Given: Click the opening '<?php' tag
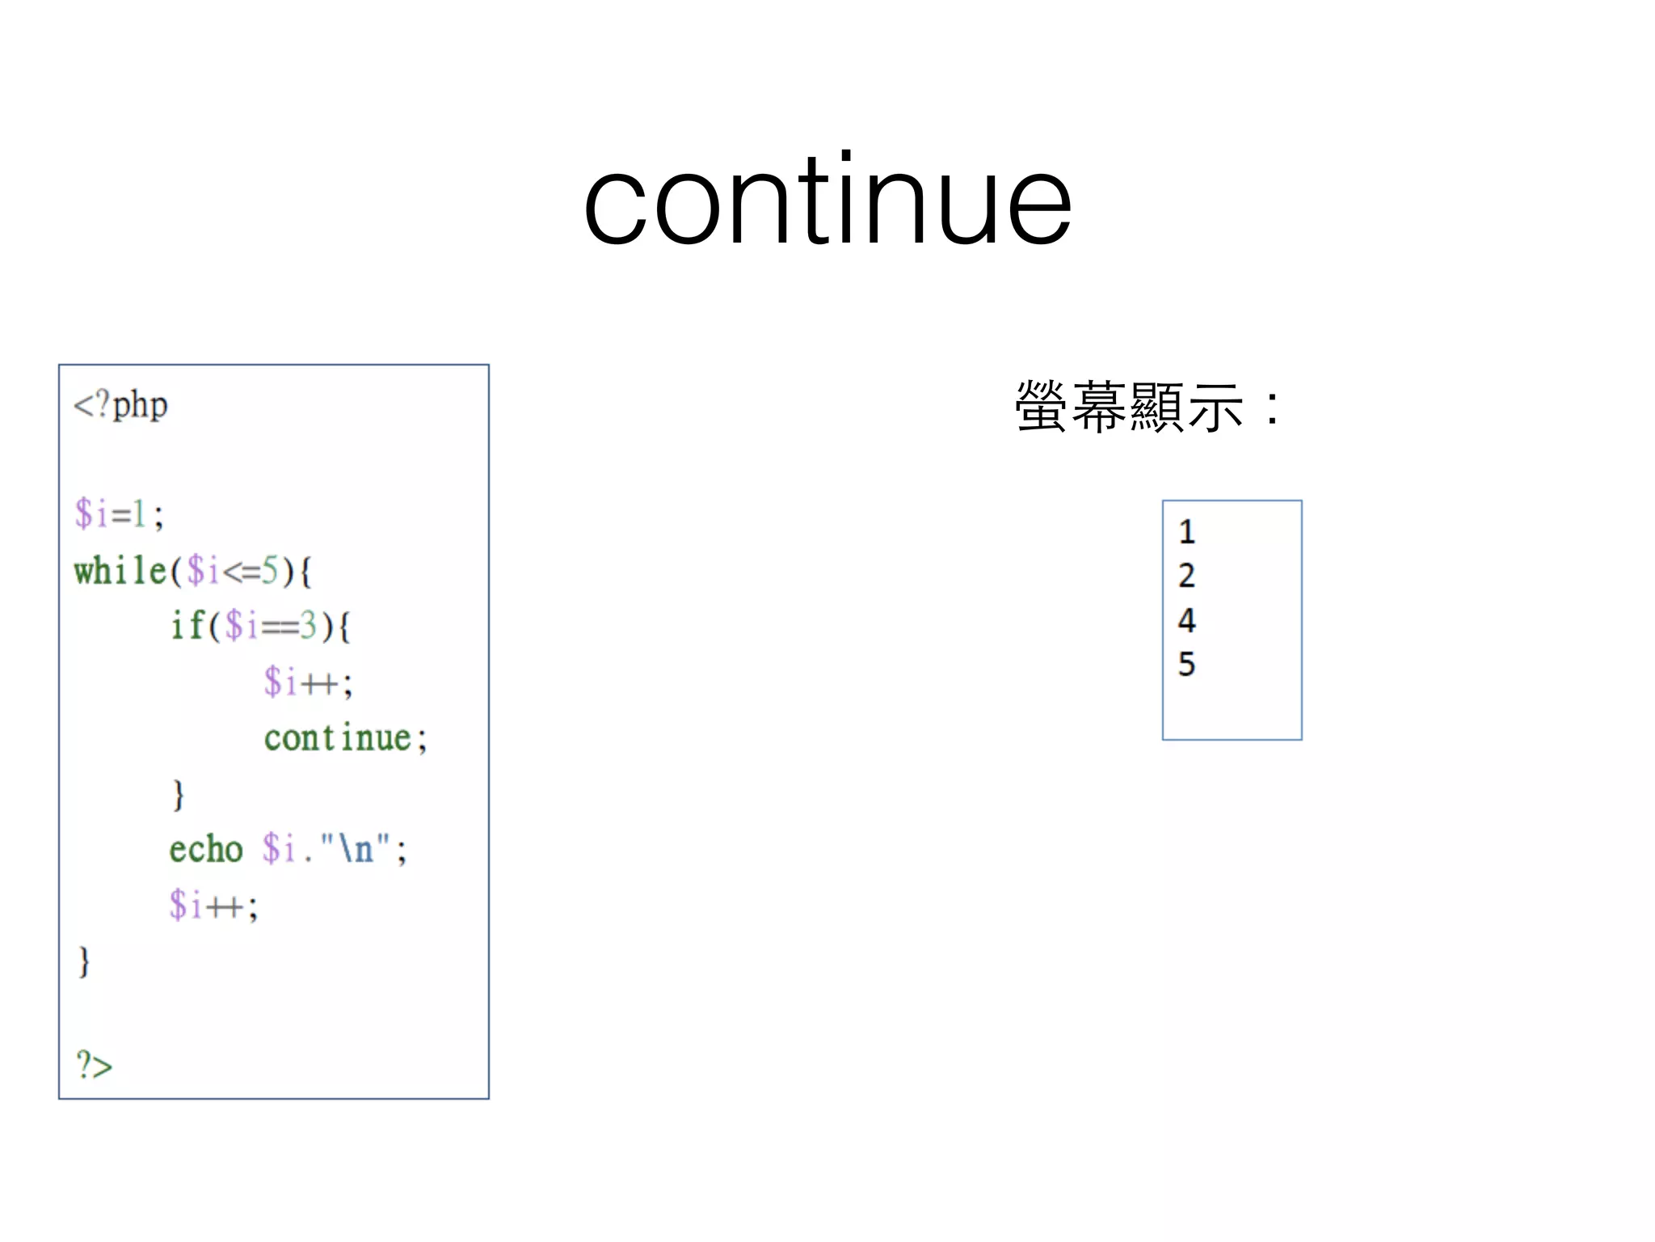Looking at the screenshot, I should coord(121,405).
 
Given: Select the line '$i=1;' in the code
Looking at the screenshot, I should coord(119,514).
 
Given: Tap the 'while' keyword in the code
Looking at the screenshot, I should coord(120,571).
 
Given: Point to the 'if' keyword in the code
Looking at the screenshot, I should coord(187,625).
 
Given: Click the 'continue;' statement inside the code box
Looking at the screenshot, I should coord(345,737).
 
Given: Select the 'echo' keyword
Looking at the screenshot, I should coord(206,849).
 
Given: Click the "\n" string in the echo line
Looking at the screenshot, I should coord(356,849).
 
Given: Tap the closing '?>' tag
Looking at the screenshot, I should coord(95,1065).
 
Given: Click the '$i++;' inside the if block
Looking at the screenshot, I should coord(308,682).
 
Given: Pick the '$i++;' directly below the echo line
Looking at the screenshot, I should coord(213,906).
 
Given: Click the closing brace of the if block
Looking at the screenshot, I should coord(179,794).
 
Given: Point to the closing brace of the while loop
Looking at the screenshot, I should coord(84,961).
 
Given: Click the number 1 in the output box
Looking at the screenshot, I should coord(1186,532).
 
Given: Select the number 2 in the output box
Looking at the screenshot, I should coord(1186,576).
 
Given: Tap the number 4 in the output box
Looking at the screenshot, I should coord(1186,620).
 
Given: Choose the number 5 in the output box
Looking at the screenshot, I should coord(1186,665).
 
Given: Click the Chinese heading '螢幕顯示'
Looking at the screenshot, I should coord(1130,407).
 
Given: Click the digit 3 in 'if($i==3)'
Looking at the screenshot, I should coord(308,625).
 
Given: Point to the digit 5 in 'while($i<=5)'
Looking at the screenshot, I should coord(270,571).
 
